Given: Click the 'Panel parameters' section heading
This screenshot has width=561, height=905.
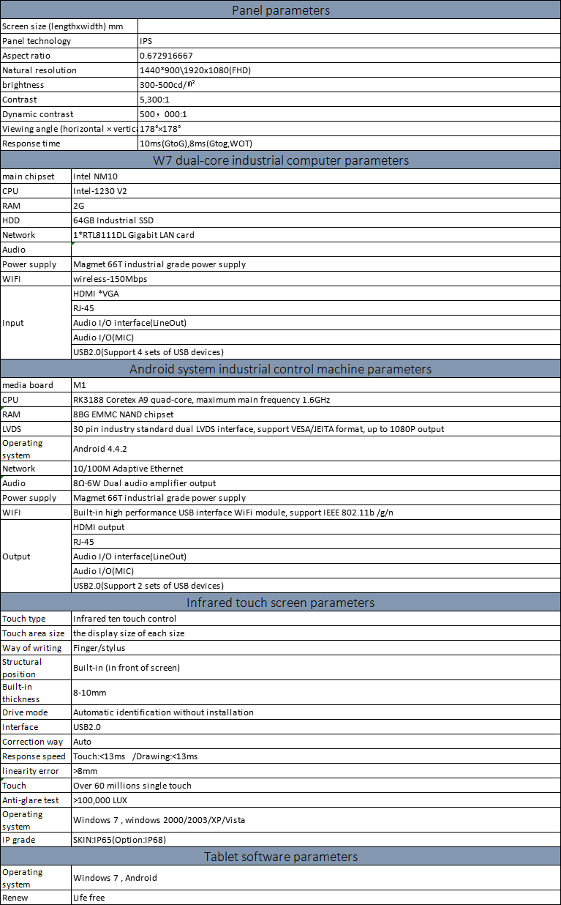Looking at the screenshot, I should coord(280,10).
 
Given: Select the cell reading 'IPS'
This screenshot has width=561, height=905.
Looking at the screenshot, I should coord(146,41).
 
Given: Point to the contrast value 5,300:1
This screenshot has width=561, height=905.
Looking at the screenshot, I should coord(156,100).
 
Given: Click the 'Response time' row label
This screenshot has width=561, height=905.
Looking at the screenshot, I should coord(31,144).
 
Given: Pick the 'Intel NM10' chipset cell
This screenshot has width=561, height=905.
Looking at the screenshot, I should coord(95,176).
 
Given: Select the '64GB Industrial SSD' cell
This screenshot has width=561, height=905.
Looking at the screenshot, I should coord(113,220).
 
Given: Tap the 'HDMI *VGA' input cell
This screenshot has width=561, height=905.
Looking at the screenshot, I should coord(96,294).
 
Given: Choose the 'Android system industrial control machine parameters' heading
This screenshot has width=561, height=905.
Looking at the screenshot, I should coord(280,369).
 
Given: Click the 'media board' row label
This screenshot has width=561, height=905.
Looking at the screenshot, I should coord(28,385).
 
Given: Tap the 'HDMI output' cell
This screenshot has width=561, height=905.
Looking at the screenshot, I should coord(99,527).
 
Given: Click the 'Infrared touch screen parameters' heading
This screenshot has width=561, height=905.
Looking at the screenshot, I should coord(280,603).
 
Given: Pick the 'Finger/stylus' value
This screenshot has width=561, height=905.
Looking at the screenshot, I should coord(99,648).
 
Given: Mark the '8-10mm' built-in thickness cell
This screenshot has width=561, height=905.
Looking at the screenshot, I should coord(89,693).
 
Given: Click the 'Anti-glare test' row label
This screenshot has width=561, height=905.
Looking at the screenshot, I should coord(31,800).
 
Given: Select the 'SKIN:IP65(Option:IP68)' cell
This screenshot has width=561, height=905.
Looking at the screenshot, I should coord(119,840).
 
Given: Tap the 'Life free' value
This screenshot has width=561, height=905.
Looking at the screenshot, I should coord(89,898).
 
